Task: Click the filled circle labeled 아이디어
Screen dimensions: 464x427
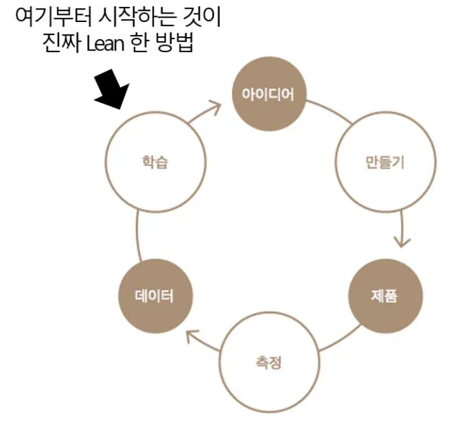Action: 268,94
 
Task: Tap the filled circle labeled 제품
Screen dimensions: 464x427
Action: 385,296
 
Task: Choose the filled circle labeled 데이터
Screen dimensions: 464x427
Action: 155,296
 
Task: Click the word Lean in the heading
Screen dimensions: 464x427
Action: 105,45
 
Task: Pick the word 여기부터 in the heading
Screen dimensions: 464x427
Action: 53,18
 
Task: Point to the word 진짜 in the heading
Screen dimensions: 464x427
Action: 61,44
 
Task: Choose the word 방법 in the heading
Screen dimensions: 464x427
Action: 175,44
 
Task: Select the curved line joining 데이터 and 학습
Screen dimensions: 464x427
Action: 137,235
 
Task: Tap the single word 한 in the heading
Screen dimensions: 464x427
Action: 139,44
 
